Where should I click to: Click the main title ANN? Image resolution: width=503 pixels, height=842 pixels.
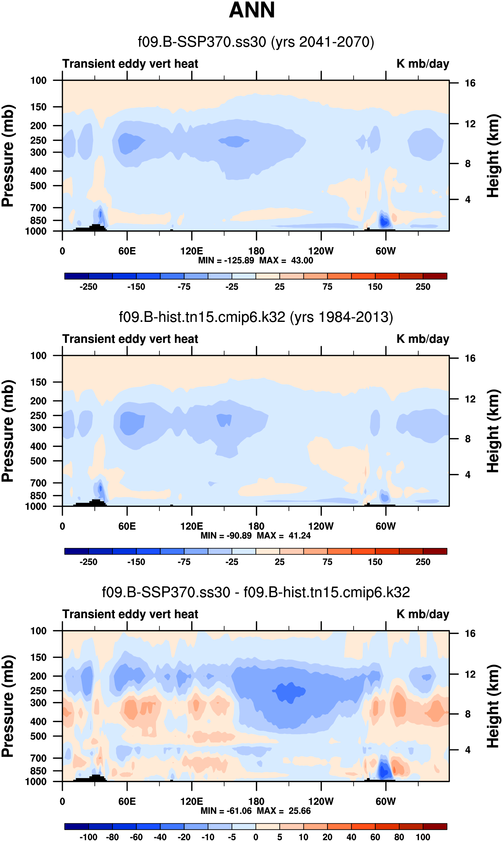[x=251, y=10]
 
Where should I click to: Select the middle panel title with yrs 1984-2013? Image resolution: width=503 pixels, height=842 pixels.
[x=256, y=317]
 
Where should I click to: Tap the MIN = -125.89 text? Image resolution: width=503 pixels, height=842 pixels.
[x=226, y=260]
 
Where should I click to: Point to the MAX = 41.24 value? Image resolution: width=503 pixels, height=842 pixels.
[x=284, y=536]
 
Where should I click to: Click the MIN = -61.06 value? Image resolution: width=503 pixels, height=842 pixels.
[x=226, y=811]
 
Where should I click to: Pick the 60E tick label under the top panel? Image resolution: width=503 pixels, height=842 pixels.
[x=127, y=251]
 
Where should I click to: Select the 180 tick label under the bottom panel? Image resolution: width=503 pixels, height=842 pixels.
[x=256, y=802]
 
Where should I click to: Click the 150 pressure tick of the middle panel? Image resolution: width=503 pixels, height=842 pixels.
[x=38, y=382]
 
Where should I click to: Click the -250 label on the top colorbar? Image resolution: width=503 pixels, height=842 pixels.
[x=89, y=287]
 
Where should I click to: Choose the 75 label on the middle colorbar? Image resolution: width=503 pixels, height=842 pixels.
[x=327, y=562]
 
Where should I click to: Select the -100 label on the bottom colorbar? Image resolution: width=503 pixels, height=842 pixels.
[x=89, y=837]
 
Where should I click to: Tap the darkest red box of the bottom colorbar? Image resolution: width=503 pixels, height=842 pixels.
[x=435, y=826]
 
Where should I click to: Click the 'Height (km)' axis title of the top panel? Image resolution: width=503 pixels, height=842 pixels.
[x=493, y=156]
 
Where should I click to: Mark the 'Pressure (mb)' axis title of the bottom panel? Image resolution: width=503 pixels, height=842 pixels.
[x=7, y=706]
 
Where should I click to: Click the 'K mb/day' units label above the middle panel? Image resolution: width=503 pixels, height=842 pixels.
[x=423, y=339]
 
